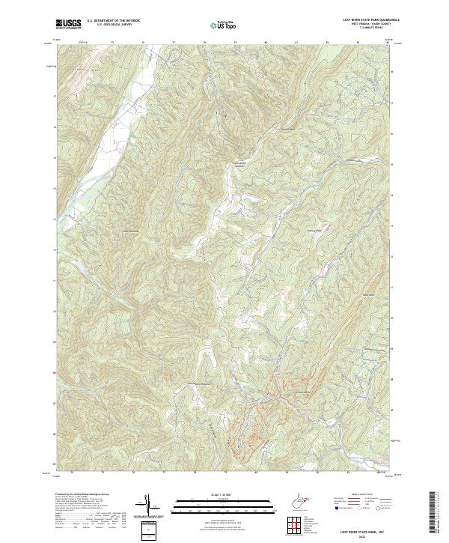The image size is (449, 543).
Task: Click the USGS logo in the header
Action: tap(68, 24)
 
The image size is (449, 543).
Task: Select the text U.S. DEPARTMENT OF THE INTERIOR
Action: tap(113, 22)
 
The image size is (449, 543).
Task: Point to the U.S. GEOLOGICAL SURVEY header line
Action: tap(108, 25)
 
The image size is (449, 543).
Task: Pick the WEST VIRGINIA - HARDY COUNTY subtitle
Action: tap(364, 25)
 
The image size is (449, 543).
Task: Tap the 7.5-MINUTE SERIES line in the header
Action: tap(364, 28)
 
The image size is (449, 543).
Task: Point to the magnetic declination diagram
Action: tap(148, 505)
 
